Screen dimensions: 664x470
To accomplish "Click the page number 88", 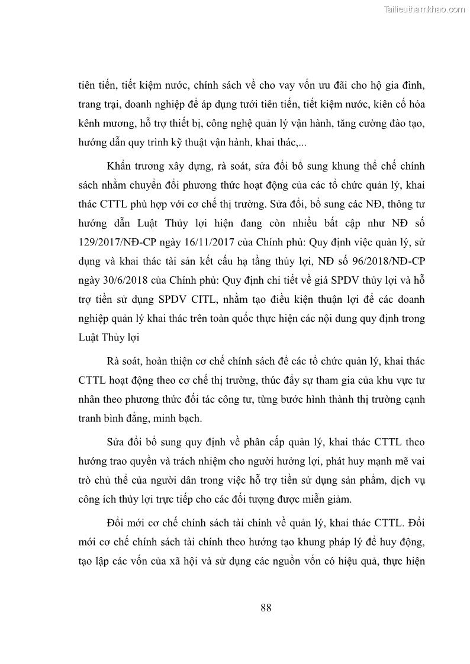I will pyautogui.click(x=266, y=608).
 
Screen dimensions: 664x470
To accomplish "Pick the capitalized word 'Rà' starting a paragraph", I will pyautogui.click(x=114, y=361).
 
